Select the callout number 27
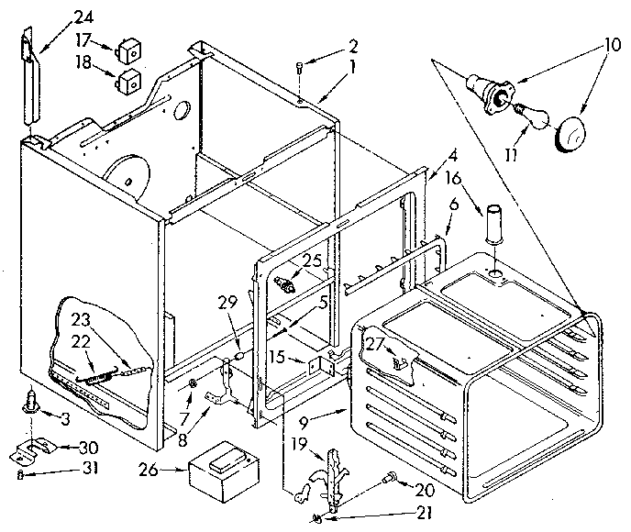tap(372, 345)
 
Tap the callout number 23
tap(80, 320)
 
